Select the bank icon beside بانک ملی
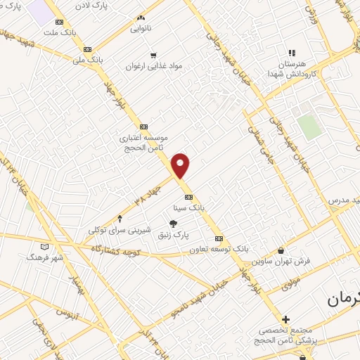click(87, 49)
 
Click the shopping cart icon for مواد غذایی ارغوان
click(153, 54)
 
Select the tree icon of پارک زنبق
click(173, 224)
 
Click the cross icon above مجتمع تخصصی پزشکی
click(285, 319)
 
